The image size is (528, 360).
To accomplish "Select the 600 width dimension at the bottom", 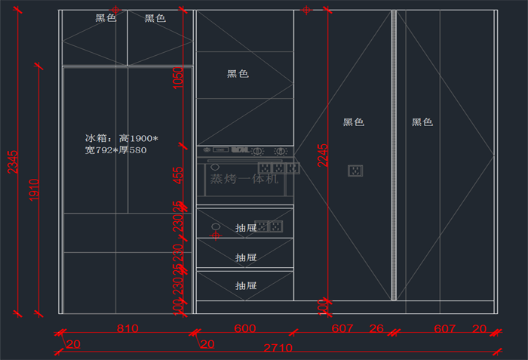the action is (244, 328).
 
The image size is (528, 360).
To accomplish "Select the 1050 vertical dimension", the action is (178, 76).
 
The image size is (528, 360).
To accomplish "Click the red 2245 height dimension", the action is (322, 155).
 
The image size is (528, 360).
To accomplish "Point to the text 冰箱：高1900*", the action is (121, 139).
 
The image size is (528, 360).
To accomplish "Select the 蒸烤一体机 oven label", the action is (244, 180).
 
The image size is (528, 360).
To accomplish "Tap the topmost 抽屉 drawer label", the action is (246, 227).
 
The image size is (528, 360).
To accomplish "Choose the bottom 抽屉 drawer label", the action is (246, 285).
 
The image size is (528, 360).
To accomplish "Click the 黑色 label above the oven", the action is (238, 74).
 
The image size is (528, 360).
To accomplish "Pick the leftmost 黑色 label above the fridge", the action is (106, 18).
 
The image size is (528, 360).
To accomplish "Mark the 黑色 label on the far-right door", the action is (422, 122).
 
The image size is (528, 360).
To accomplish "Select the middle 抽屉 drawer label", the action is (246, 257).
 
